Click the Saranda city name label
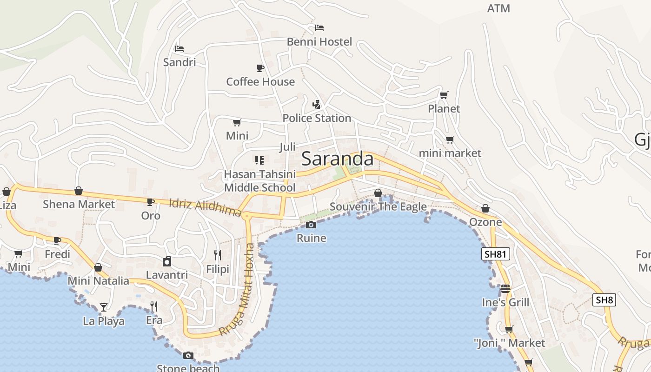pos(337,159)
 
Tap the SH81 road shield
pos(496,254)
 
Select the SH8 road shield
pos(604,300)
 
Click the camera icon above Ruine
pos(311,225)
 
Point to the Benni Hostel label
pos(319,42)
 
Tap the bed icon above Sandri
pos(179,48)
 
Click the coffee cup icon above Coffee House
pos(260,68)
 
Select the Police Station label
pos(317,118)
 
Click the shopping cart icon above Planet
pos(444,95)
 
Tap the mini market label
pos(450,153)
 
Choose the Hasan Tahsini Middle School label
pos(259,181)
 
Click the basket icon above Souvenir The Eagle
pos(378,193)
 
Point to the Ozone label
pos(485,222)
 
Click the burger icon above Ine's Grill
pos(505,289)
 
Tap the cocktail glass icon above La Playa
pos(104,307)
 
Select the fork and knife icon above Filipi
pos(217,255)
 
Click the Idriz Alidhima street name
pos(205,207)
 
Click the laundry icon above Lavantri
pos(167,261)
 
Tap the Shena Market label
pos(79,204)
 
